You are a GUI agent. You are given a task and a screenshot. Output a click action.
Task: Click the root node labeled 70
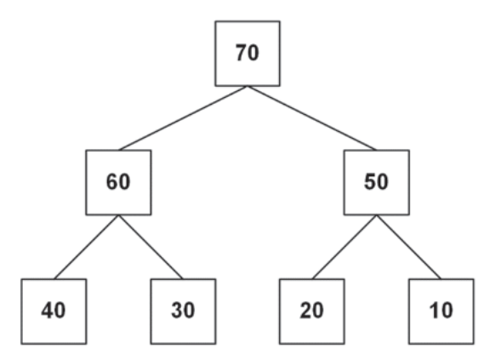coord(248,54)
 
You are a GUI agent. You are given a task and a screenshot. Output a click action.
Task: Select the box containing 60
coord(118,182)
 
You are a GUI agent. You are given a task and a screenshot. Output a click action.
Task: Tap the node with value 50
coord(377,182)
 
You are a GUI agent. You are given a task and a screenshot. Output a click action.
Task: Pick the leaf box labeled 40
coord(54,311)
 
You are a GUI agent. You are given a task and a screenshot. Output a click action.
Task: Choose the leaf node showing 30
coord(183,311)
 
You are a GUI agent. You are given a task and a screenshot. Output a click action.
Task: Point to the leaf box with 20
coord(312,311)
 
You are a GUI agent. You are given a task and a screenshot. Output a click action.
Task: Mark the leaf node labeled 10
coord(441,311)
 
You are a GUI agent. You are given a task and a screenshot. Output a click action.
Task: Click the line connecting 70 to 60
coord(183,118)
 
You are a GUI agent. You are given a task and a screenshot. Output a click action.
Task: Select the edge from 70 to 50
coord(312,118)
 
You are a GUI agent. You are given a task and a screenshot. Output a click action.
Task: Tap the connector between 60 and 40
coord(86,247)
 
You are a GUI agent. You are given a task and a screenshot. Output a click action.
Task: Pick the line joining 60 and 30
coord(151,247)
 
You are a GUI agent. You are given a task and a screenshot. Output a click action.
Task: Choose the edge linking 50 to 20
coord(345,247)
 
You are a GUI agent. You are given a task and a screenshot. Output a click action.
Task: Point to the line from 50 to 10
coord(408,247)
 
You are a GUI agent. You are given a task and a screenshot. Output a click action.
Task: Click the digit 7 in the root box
coord(242,53)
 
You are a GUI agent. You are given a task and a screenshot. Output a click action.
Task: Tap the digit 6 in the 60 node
coord(112,181)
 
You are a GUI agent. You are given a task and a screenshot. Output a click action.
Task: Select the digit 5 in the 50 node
coord(370,181)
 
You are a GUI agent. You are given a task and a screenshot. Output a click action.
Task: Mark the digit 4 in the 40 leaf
coord(48,311)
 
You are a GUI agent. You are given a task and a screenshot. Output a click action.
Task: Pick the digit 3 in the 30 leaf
coord(177,311)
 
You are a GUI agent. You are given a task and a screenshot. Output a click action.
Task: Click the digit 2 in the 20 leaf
coord(305,311)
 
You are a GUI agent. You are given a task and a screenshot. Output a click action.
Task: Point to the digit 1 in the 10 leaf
coord(434,311)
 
